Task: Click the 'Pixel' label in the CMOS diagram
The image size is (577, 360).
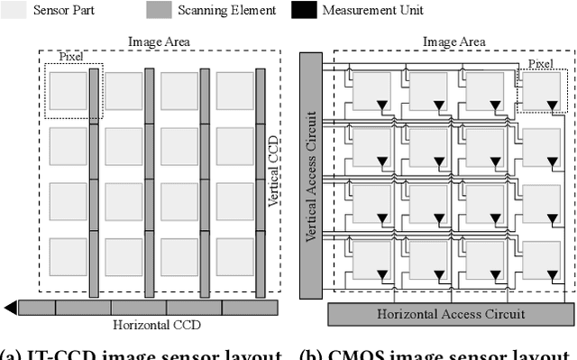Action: coord(540,63)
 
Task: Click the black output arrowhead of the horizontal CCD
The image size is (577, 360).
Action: coord(10,308)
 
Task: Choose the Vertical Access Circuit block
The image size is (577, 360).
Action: coord(311,175)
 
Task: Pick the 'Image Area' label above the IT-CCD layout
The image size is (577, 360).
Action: coord(159,42)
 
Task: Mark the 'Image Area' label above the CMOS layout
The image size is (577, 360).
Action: coord(453,42)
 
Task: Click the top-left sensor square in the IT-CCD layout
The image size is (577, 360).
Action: coord(68,91)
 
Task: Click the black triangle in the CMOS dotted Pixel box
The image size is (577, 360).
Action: coord(553,106)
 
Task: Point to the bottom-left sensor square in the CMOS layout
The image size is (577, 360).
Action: coord(371,260)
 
